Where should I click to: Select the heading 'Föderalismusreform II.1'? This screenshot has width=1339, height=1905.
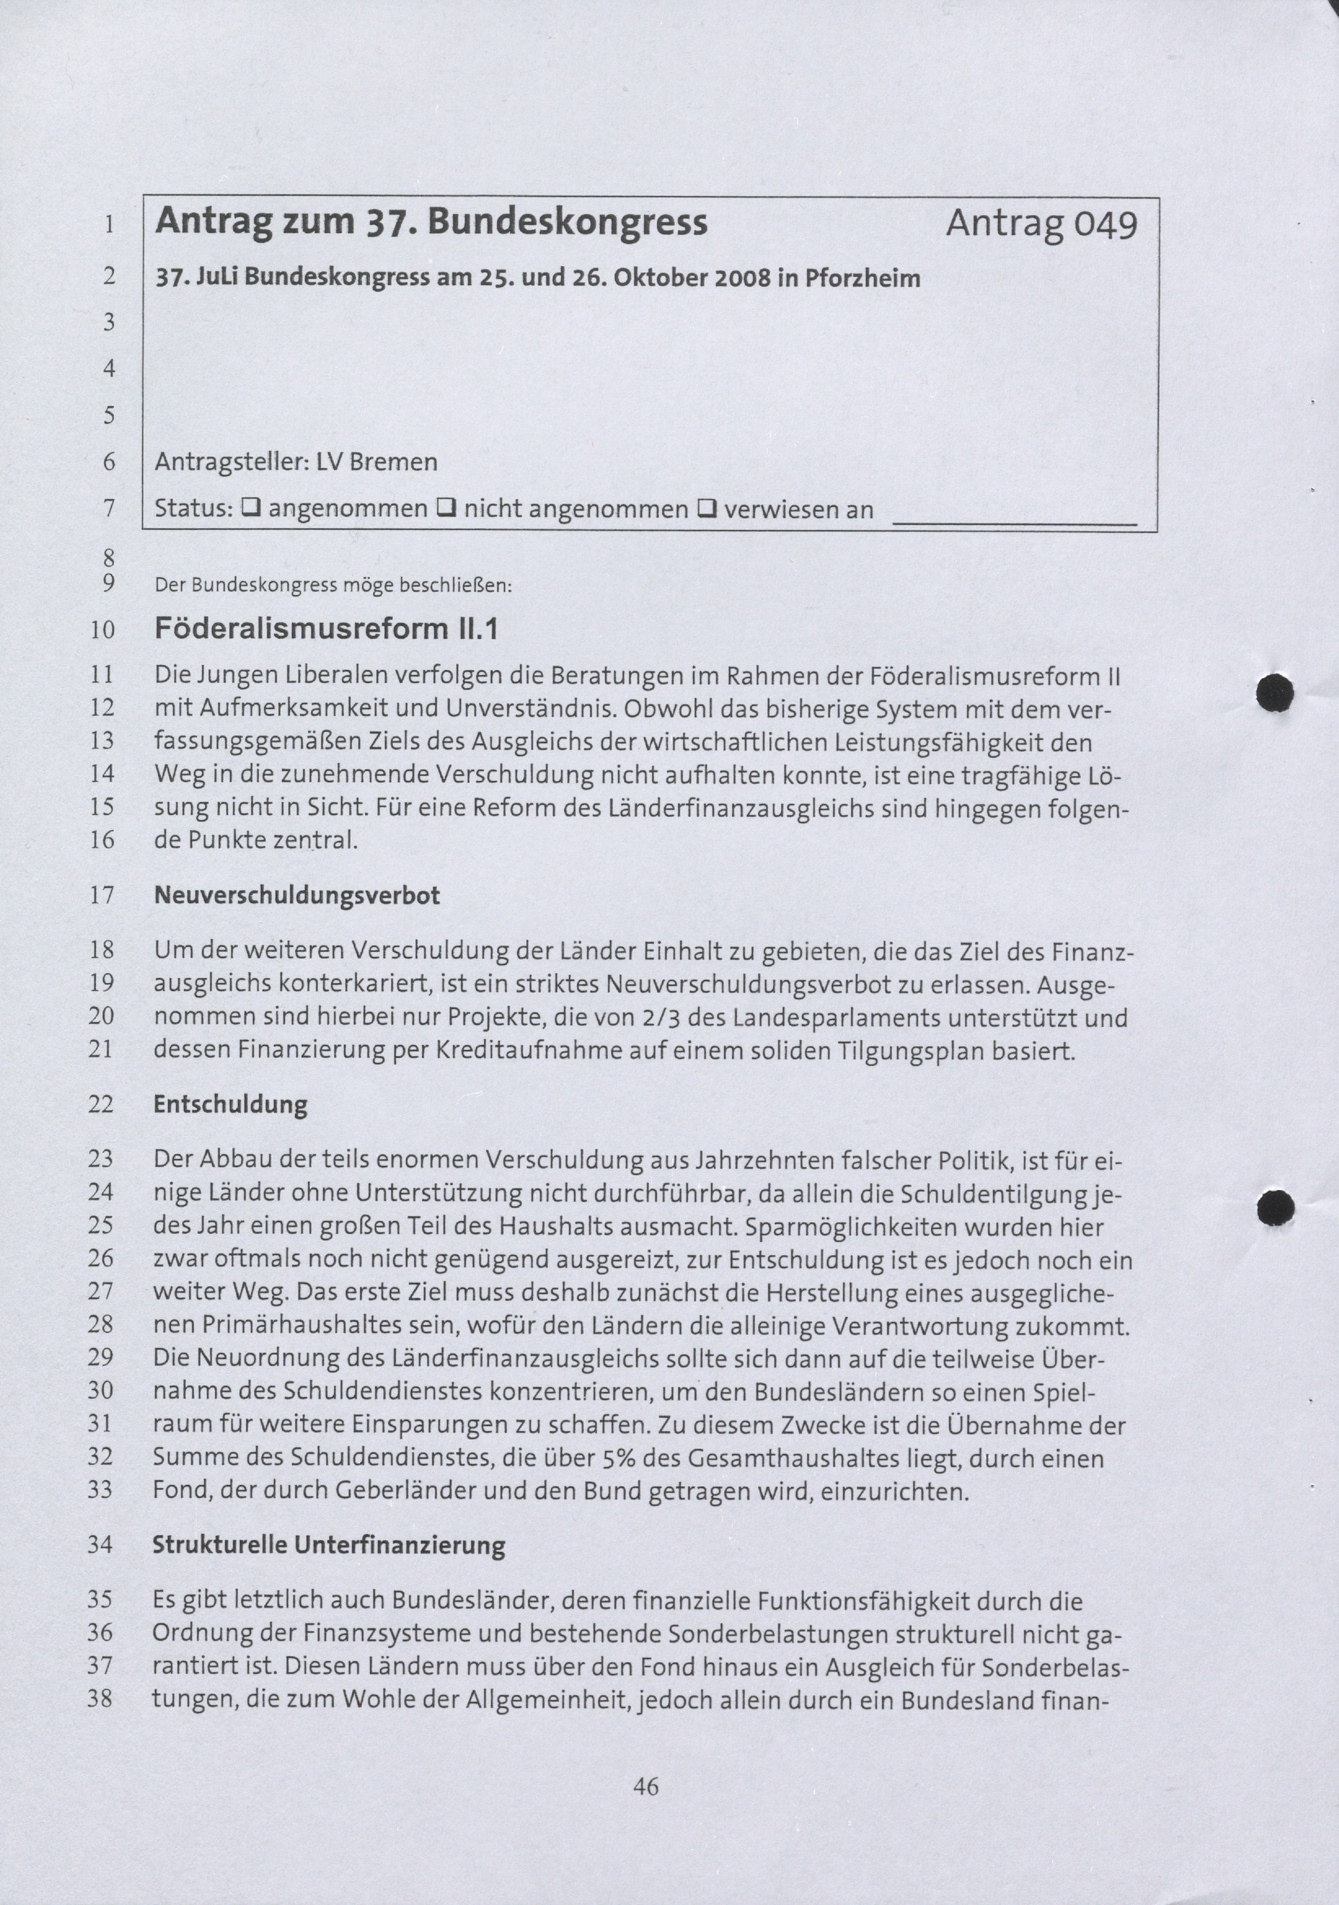point(326,629)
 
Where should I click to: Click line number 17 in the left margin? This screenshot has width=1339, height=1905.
point(101,896)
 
